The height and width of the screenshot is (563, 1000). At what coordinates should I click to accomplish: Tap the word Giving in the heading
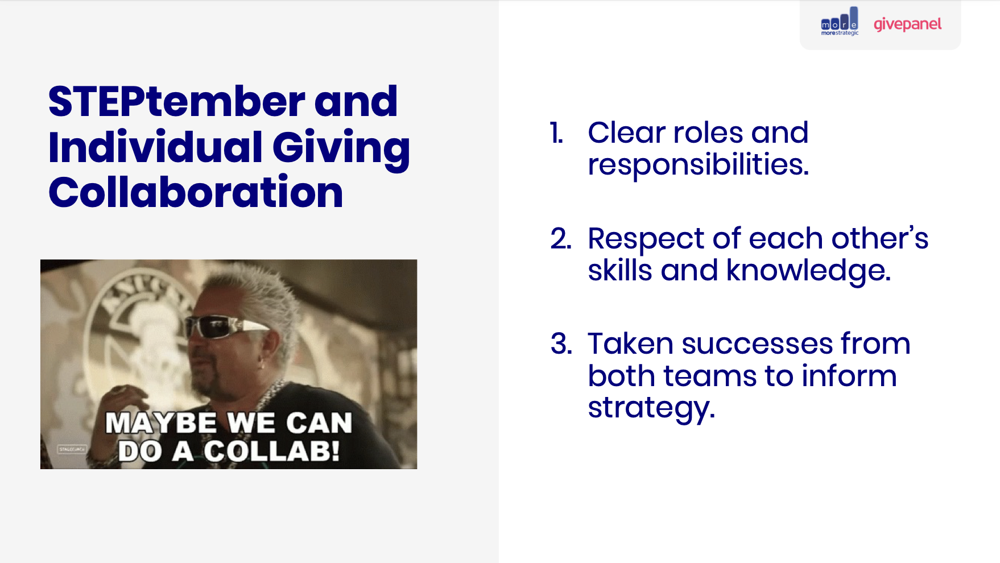[341, 148]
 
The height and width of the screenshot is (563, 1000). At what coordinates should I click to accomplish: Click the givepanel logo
[907, 24]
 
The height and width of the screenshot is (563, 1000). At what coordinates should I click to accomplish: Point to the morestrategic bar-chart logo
[840, 22]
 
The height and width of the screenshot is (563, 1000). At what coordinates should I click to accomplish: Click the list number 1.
[556, 133]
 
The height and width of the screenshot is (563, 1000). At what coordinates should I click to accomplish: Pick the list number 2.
[560, 239]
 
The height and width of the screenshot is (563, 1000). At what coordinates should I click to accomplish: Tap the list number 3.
[561, 344]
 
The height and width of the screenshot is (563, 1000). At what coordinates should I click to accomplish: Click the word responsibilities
[698, 165]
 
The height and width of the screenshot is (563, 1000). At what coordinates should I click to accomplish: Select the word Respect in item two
[646, 239]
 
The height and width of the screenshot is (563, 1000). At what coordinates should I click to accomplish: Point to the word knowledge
[808, 271]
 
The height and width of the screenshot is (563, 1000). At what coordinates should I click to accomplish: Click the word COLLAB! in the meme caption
[271, 452]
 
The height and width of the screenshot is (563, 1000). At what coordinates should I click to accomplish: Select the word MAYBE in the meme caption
[161, 424]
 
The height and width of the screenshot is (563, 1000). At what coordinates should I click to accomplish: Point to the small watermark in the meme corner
[72, 449]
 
